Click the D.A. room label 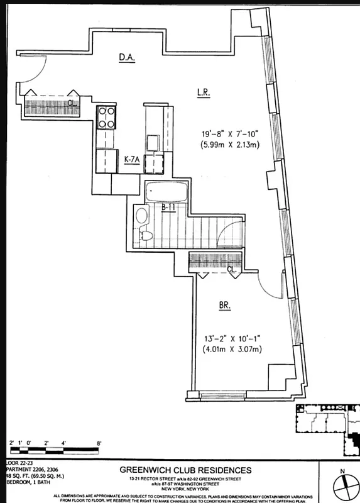[x=128, y=58]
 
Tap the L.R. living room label [x=203, y=92]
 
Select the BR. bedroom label [x=224, y=306]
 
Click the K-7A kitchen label [x=131, y=160]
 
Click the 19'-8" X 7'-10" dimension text [x=227, y=133]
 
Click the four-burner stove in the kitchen [x=107, y=118]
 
